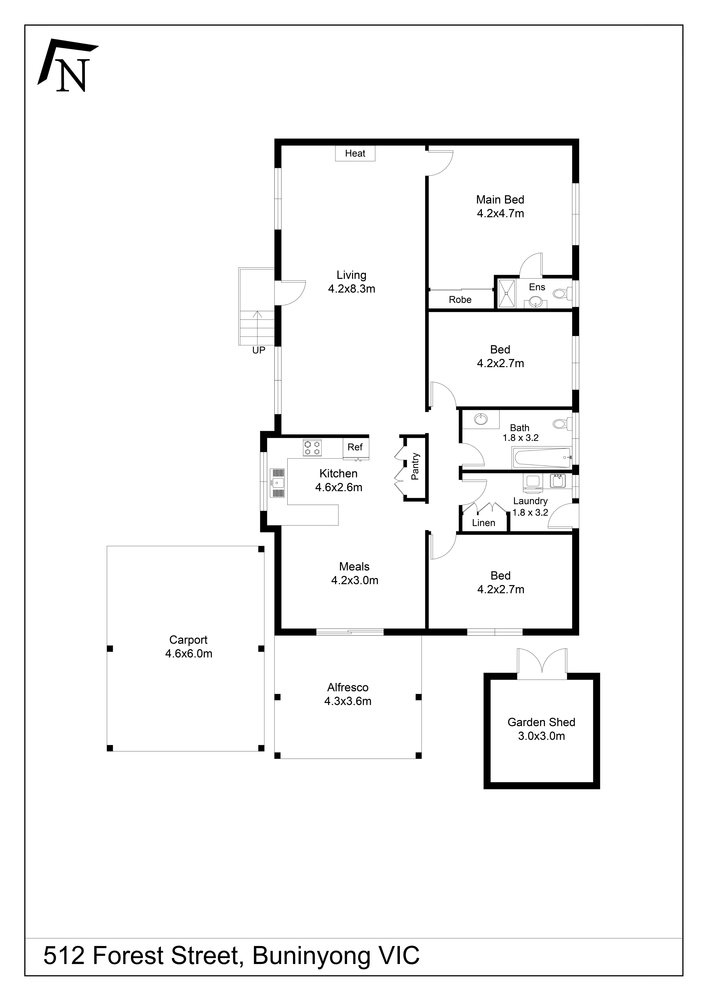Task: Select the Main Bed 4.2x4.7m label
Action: click(x=500, y=206)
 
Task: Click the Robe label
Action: click(x=460, y=300)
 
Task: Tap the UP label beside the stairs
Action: click(x=259, y=350)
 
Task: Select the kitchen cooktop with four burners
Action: click(x=312, y=448)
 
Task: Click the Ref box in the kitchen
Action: click(x=355, y=447)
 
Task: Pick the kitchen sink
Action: click(x=277, y=483)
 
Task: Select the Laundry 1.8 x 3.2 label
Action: click(x=530, y=507)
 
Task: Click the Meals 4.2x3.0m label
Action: click(x=355, y=573)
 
